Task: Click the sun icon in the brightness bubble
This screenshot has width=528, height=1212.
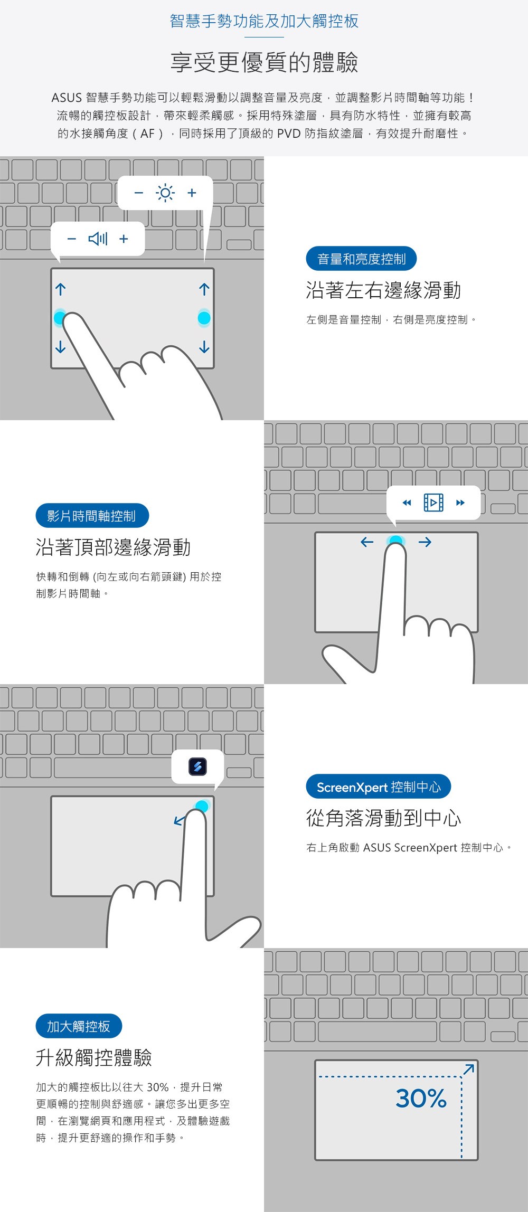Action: point(165,193)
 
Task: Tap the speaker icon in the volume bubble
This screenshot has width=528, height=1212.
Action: point(98,239)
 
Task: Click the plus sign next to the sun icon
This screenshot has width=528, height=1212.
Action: point(192,193)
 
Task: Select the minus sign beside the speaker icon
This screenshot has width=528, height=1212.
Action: point(72,239)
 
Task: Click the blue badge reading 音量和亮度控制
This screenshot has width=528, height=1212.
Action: point(361,259)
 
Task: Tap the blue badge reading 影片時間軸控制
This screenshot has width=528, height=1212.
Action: point(92,516)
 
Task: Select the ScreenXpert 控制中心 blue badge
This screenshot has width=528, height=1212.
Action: point(379,787)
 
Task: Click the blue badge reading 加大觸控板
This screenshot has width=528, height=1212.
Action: point(79,1026)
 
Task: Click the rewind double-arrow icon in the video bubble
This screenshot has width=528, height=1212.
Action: point(407,503)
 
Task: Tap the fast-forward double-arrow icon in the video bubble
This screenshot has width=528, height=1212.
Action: point(460,503)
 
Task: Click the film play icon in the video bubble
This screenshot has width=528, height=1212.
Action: point(433,503)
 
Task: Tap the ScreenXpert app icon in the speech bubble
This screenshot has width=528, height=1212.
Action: point(197,766)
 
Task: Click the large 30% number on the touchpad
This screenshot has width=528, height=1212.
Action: point(421,1099)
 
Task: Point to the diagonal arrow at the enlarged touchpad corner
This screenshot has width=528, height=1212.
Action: point(468,1069)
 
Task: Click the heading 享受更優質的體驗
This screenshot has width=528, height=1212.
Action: point(264,62)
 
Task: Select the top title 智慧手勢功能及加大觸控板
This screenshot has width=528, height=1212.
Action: point(264,21)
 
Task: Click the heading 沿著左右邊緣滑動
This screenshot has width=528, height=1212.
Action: point(384,290)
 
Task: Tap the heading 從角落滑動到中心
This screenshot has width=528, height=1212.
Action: point(384,818)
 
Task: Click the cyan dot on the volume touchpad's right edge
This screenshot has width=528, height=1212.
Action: point(204,318)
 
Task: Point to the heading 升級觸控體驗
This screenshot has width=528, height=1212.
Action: point(94,1058)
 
